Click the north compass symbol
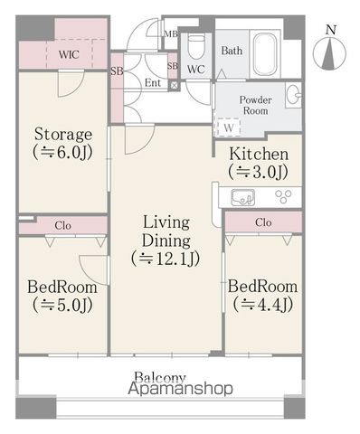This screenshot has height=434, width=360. (x=329, y=52)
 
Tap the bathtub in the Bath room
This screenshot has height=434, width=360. (x=264, y=54)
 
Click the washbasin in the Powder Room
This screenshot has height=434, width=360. (x=293, y=95)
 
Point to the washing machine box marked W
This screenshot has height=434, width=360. (x=228, y=127)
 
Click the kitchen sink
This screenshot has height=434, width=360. (x=242, y=197)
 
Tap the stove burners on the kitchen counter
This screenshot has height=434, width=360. (x=283, y=196)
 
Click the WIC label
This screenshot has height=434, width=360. (x=69, y=54)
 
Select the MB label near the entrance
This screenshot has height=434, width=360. (x=171, y=34)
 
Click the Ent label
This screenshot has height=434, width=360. (x=153, y=82)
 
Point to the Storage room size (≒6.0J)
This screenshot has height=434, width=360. (x=62, y=153)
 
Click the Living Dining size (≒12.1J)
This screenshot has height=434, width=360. (x=166, y=259)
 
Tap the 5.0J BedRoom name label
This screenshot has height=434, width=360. (x=62, y=287)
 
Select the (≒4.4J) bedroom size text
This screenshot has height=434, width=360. (x=262, y=305)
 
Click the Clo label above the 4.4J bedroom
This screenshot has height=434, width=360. (x=263, y=222)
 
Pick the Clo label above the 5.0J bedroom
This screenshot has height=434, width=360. (x=62, y=225)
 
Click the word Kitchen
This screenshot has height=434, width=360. (x=259, y=154)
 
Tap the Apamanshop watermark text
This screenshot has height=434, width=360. (x=180, y=389)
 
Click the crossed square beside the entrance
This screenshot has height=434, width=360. (x=174, y=85)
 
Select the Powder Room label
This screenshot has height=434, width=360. (x=256, y=105)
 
